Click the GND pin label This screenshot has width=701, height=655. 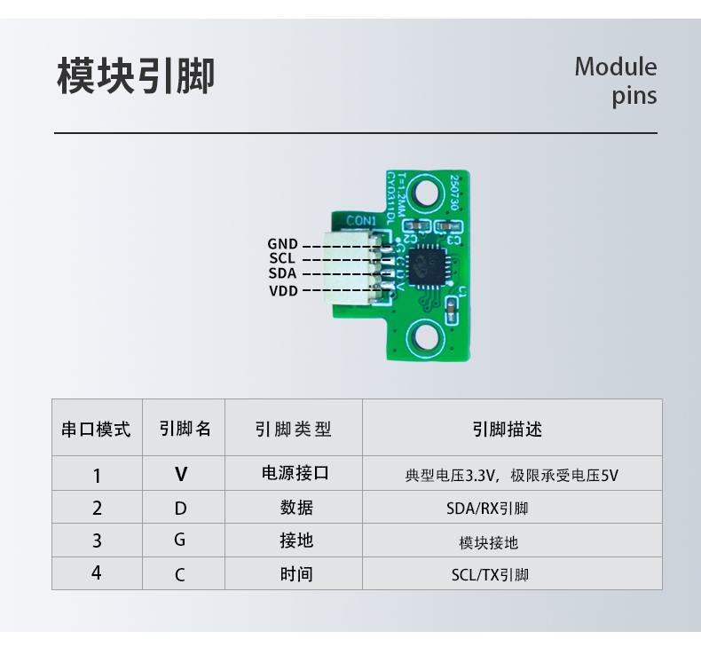[282, 243]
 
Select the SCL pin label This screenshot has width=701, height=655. [282, 258]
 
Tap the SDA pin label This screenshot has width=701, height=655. [282, 273]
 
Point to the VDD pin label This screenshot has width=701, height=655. [283, 290]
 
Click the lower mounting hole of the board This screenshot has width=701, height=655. [429, 336]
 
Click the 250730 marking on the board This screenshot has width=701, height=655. [454, 191]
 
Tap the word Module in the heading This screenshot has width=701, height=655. [615, 67]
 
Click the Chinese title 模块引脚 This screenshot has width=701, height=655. [136, 76]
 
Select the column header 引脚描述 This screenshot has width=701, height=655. [507, 430]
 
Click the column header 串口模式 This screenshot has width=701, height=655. [96, 430]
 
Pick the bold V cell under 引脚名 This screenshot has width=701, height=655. [181, 475]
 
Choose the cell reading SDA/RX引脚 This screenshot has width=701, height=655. [487, 509]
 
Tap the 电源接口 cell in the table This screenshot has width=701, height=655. [295, 473]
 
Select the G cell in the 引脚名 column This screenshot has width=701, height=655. [180, 541]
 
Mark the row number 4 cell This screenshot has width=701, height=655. [97, 573]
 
